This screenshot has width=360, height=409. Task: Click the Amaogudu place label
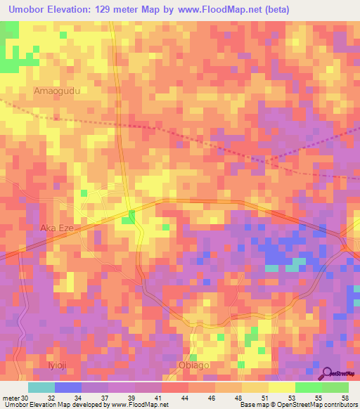pyautogui.click(x=58, y=91)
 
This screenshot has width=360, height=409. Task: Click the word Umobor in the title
pyautogui.click(x=27, y=9)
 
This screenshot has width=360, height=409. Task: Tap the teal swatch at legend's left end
pyautogui.click(x=41, y=387)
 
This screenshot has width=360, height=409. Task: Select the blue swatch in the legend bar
pyautogui.click(x=67, y=387)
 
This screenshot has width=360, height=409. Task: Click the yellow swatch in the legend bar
pyautogui.click(x=281, y=387)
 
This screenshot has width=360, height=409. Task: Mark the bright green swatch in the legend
pyautogui.click(x=308, y=387)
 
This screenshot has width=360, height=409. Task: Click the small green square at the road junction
pyautogui.click(x=127, y=220)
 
